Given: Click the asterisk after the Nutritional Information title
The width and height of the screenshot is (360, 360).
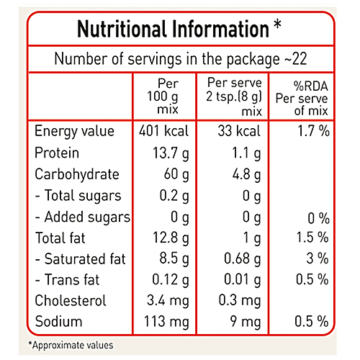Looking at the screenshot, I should (x=277, y=27).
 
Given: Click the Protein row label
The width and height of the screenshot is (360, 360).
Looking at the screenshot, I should (x=57, y=153).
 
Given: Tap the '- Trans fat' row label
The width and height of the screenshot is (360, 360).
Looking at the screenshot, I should (x=68, y=280).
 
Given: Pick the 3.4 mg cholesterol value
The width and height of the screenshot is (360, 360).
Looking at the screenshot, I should (x=167, y=301).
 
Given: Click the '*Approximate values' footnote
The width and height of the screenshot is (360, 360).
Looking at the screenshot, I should (x=71, y=345).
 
